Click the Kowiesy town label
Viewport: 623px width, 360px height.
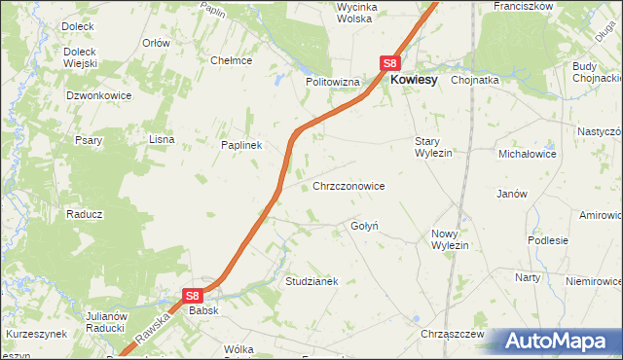coord(413,82)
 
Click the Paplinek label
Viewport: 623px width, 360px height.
coord(241,145)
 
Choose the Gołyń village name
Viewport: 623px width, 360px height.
coord(364,226)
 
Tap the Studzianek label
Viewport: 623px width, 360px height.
coord(311,281)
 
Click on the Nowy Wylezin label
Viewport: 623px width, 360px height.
coord(450,239)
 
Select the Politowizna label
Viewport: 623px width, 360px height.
coord(333,83)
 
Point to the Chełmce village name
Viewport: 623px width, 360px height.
coord(232,60)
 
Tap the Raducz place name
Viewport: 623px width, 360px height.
coord(84,213)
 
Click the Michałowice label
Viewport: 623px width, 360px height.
coord(527,154)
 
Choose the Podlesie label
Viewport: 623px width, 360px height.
coord(547,239)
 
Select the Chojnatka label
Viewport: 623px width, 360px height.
coord(475,82)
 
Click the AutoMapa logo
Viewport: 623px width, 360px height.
coord(559,342)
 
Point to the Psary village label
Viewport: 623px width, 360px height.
coord(90,140)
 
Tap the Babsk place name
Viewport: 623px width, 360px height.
coord(203,310)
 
